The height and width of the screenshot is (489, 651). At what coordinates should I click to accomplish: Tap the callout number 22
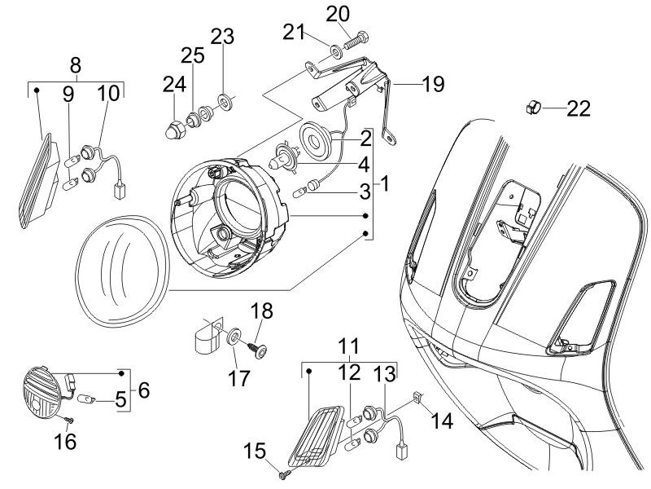[578, 108]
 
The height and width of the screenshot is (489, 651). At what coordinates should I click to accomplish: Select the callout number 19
[433, 84]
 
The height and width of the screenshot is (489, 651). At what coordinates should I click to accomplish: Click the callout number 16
[64, 442]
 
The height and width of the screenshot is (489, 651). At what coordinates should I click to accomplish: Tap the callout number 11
[349, 345]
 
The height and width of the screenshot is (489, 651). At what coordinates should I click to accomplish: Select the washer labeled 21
[336, 52]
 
